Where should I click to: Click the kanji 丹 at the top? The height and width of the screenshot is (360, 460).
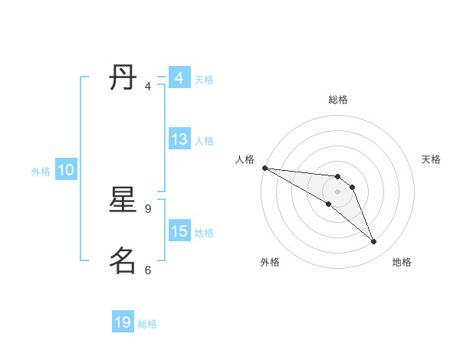click(123, 78)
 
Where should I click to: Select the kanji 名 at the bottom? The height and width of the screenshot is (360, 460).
click(123, 260)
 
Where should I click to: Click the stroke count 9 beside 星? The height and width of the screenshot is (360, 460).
click(148, 208)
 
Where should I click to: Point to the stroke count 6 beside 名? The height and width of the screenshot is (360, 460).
click(148, 270)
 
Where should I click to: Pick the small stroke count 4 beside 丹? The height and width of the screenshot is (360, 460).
click(148, 87)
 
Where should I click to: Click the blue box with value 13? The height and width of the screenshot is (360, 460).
click(179, 140)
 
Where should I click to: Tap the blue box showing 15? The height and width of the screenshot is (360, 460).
click(179, 231)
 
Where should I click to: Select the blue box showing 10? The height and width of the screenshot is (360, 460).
click(66, 171)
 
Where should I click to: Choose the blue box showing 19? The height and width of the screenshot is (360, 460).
click(123, 322)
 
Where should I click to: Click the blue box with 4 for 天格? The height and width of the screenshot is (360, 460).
click(179, 78)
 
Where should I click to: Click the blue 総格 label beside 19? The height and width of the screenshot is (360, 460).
click(147, 324)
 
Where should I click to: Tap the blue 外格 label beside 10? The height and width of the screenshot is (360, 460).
click(41, 172)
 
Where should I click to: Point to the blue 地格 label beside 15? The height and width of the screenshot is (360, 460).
click(204, 233)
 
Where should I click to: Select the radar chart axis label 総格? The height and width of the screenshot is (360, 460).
click(338, 100)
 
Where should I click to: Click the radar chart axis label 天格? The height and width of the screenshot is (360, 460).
click(432, 159)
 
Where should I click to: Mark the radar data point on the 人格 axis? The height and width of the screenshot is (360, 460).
click(264, 168)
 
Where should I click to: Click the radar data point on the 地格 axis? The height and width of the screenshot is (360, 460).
click(374, 242)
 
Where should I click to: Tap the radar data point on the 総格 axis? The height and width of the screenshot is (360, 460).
click(338, 177)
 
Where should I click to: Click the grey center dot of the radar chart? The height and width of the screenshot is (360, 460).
click(338, 191)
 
